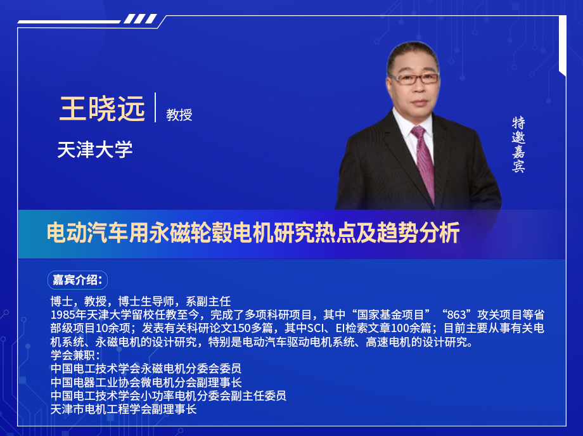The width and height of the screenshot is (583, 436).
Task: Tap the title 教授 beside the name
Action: coord(179,115)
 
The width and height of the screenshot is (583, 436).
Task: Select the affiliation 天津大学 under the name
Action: coord(94,150)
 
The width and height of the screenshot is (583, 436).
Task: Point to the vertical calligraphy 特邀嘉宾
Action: coord(519,144)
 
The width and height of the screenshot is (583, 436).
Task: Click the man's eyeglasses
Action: coord(414,79)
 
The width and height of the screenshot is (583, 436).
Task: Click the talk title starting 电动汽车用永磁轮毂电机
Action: coord(253,233)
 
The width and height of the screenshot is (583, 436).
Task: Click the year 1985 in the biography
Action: coord(63,314)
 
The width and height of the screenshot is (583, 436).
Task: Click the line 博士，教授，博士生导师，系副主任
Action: coord(140,300)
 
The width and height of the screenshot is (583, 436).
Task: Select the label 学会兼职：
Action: coord(75,355)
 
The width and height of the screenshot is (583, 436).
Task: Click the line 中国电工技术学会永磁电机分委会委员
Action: coord(146,369)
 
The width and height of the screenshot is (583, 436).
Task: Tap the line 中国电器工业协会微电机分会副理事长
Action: coord(146,382)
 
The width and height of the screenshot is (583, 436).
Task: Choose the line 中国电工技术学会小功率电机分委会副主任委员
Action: coord(168,396)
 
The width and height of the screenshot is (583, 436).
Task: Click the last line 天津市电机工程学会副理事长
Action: coord(124,409)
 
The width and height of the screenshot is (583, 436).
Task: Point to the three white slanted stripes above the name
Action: coord(139,19)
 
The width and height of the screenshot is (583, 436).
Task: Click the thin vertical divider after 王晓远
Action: coord(155,107)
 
